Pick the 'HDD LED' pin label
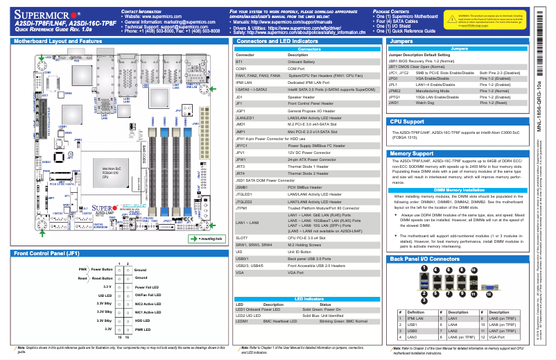point(142,320)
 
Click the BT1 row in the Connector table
point(239,61)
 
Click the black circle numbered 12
point(489,294)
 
